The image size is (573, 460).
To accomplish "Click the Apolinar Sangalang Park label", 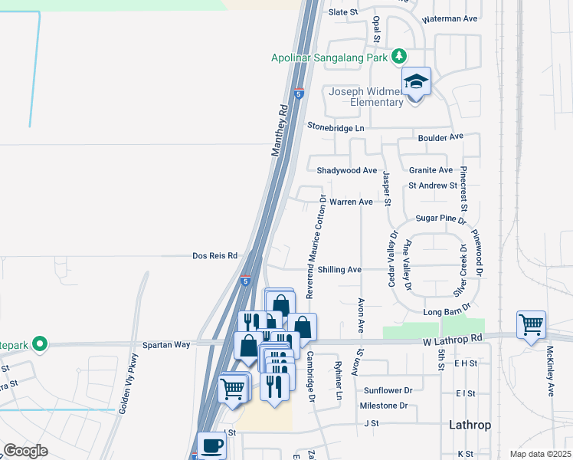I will tap(330, 57).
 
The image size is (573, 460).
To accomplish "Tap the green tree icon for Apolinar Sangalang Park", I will tap(398, 56).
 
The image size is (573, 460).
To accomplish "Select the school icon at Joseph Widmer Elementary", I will tap(417, 82).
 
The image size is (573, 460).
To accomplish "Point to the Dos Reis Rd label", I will tap(215, 256).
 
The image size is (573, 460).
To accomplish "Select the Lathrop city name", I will tap(470, 425).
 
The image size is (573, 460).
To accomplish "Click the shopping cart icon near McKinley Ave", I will tap(531, 324).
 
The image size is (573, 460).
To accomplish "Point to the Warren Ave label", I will tap(351, 202).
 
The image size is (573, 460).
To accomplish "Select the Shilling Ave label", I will tap(339, 270).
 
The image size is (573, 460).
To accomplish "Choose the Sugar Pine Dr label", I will tap(441, 219).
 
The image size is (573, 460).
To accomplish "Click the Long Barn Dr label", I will tap(446, 313).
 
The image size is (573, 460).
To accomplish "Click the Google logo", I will tap(26, 451).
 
